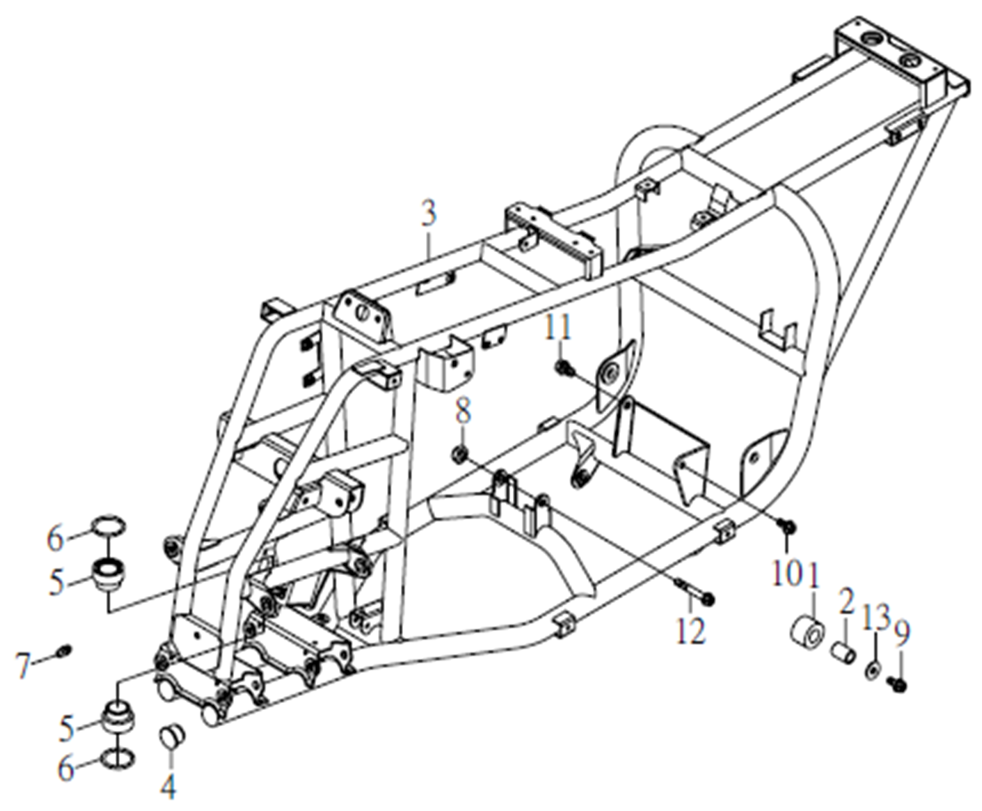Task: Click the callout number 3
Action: (429, 214)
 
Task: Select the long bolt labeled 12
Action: (695, 592)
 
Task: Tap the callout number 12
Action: (691, 631)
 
